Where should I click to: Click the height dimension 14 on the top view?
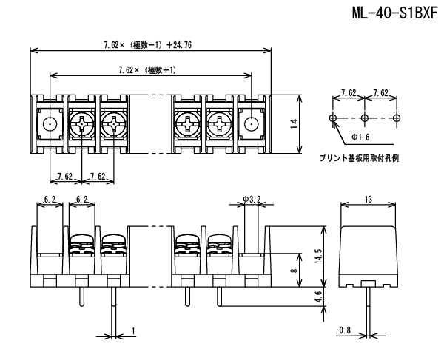point(295,123)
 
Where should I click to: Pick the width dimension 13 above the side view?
point(368,200)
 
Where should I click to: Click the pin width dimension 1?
point(132,330)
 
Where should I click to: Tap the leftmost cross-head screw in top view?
point(81,125)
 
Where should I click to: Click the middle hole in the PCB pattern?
point(365,118)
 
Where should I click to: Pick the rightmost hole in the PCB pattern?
point(397,118)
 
